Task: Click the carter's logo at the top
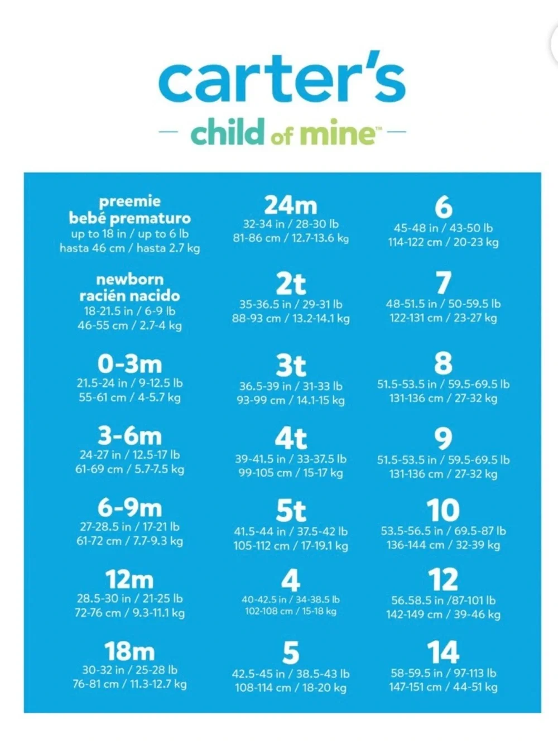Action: [282, 76]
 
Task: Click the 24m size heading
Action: [291, 205]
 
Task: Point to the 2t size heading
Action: [291, 284]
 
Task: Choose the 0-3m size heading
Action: [130, 364]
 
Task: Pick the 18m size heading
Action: [130, 651]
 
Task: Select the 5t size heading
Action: [291, 511]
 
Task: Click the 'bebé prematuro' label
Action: [130, 218]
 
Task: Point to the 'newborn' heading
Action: [130, 280]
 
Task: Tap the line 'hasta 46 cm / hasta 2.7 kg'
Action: [130, 248]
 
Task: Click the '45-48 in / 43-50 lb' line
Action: [443, 228]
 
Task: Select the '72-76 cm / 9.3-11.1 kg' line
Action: [130, 612]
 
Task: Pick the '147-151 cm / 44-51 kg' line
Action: [443, 687]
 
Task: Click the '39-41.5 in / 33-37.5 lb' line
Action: [291, 459]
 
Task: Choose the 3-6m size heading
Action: [130, 436]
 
